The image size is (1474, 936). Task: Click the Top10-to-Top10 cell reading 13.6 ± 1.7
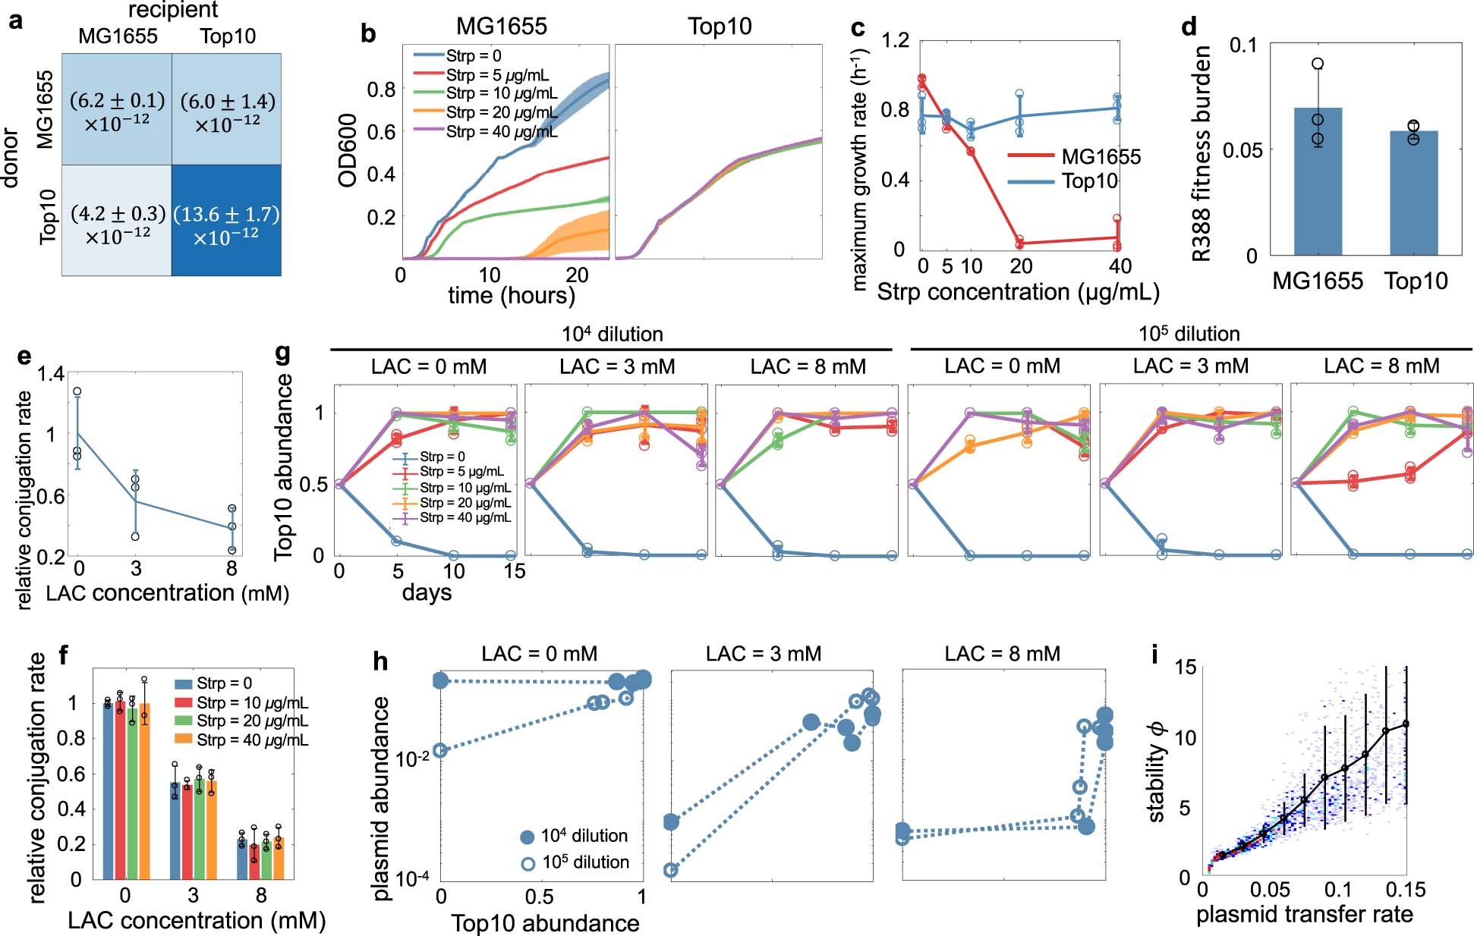click(226, 221)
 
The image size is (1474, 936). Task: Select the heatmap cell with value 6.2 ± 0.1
click(117, 109)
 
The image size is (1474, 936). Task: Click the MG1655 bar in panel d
click(1317, 181)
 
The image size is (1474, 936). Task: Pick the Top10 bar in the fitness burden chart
click(1413, 193)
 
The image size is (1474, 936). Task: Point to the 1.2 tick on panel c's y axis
click(896, 40)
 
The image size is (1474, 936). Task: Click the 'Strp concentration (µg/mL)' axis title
click(1017, 292)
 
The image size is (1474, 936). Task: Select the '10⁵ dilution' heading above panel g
click(1189, 334)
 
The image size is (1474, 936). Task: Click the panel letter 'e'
click(24, 356)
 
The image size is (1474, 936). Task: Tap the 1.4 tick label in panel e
click(50, 374)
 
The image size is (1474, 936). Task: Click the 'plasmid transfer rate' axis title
click(1304, 915)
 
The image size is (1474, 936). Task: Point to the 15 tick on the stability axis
click(1185, 667)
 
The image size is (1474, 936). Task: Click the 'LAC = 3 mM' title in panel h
click(763, 654)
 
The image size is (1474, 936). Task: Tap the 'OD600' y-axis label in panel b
click(348, 150)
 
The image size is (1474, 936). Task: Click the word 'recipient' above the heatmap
click(173, 10)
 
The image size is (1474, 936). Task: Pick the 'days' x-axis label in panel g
click(427, 593)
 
